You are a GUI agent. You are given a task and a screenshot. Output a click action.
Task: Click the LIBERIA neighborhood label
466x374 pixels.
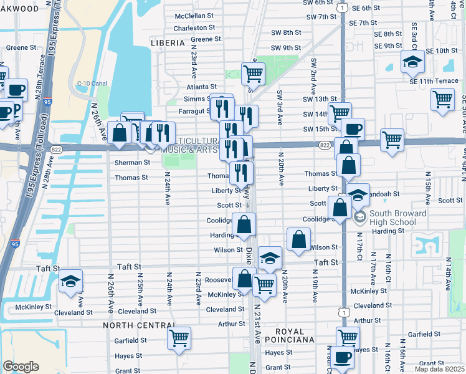coord(168,43)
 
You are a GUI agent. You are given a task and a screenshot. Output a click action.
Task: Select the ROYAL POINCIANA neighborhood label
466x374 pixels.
coord(284,336)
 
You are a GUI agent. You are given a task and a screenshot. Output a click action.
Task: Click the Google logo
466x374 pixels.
coord(21,367)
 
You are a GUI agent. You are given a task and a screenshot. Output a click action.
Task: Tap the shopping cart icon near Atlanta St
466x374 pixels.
coord(253,73)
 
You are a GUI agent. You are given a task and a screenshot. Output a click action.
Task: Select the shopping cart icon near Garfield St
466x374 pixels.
coord(179,338)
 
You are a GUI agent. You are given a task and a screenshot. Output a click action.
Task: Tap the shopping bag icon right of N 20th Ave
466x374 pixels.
coord(299,239)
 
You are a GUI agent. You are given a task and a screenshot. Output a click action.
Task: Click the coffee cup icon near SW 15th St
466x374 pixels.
coord(353,128)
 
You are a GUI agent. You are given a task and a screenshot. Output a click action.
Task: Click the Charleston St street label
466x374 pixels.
coord(194,28)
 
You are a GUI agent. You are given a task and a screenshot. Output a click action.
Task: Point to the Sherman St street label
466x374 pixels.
coord(132,162)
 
